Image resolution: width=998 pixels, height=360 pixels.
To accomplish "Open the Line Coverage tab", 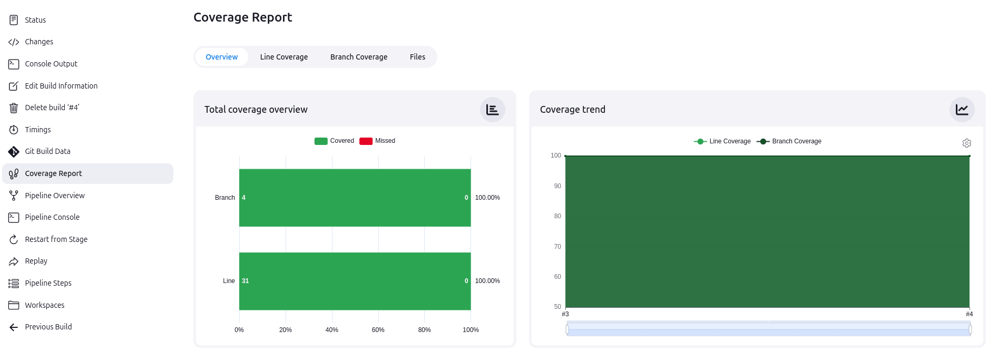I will click(283, 57).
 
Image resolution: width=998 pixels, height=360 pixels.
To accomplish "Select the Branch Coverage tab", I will click(358, 57).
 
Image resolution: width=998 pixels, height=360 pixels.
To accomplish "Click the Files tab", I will click(417, 57).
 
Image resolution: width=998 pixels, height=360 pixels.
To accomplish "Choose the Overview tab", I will click(221, 57).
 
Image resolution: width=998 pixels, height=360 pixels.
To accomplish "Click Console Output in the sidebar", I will click(51, 64).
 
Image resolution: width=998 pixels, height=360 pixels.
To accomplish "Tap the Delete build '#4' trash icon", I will click(14, 108).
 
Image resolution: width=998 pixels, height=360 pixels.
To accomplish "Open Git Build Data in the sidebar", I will click(47, 151).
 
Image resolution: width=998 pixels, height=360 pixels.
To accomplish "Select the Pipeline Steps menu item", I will click(48, 283).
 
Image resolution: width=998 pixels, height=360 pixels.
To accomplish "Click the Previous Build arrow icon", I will click(14, 327).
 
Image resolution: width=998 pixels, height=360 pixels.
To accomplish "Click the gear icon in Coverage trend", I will click(966, 143).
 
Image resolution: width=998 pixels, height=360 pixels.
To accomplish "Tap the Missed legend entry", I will click(377, 141).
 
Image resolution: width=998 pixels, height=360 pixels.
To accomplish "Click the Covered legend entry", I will click(334, 141).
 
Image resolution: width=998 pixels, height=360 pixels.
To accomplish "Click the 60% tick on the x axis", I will click(378, 330).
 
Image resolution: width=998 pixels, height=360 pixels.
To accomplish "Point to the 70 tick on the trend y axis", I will click(557, 247).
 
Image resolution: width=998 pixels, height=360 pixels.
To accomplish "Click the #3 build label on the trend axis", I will click(565, 314).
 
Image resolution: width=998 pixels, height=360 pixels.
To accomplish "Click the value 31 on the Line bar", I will click(246, 281).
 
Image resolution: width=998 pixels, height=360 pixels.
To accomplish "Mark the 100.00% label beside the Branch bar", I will click(487, 198).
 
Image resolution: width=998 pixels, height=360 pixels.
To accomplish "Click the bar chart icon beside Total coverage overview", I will click(492, 110).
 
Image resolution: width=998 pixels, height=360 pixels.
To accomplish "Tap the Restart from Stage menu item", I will click(56, 239).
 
